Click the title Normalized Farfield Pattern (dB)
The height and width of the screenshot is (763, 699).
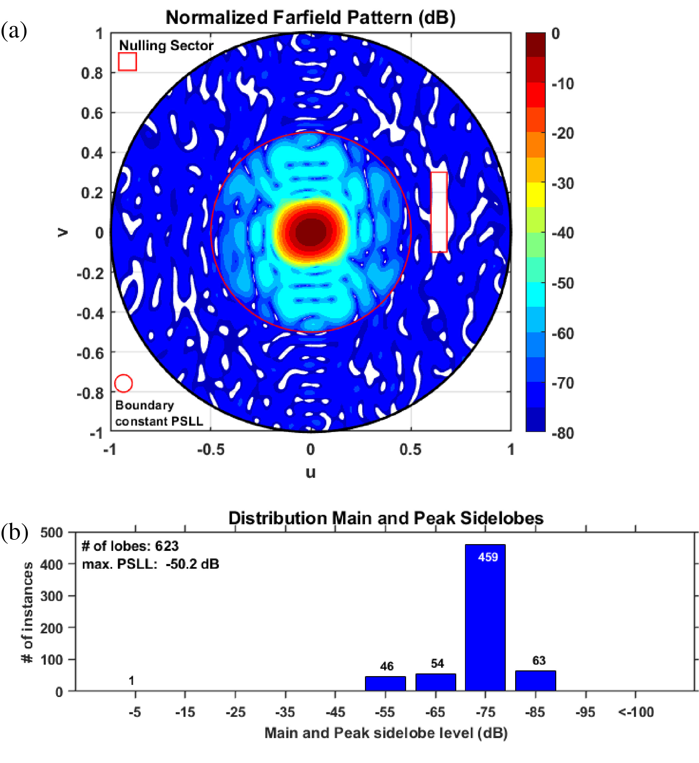[x=310, y=18]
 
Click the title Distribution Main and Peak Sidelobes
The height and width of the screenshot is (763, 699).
[x=386, y=518]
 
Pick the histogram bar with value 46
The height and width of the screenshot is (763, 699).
[x=385, y=684]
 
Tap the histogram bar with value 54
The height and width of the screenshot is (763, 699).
[x=436, y=682]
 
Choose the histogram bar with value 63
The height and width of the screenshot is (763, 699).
[x=535, y=681]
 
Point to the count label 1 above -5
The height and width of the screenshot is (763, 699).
[x=131, y=681]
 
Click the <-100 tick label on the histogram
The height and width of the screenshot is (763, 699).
[x=636, y=712]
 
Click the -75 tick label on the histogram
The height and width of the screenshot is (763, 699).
[x=485, y=712]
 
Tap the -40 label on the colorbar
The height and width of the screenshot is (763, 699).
[x=563, y=233]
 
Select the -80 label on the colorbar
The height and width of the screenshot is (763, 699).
[x=563, y=433]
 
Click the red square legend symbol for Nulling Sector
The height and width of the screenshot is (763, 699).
[x=127, y=62]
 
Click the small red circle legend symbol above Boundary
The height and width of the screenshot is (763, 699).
[x=123, y=384]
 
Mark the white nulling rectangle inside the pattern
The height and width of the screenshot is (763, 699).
[x=439, y=212]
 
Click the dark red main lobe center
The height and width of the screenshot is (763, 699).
[x=310, y=232]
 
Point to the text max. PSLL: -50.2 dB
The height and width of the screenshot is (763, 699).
[x=151, y=564]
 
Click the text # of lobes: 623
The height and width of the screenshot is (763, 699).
[x=130, y=546]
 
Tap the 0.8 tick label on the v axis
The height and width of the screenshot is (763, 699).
[x=92, y=73]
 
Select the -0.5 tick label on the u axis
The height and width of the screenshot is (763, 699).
[x=210, y=450]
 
